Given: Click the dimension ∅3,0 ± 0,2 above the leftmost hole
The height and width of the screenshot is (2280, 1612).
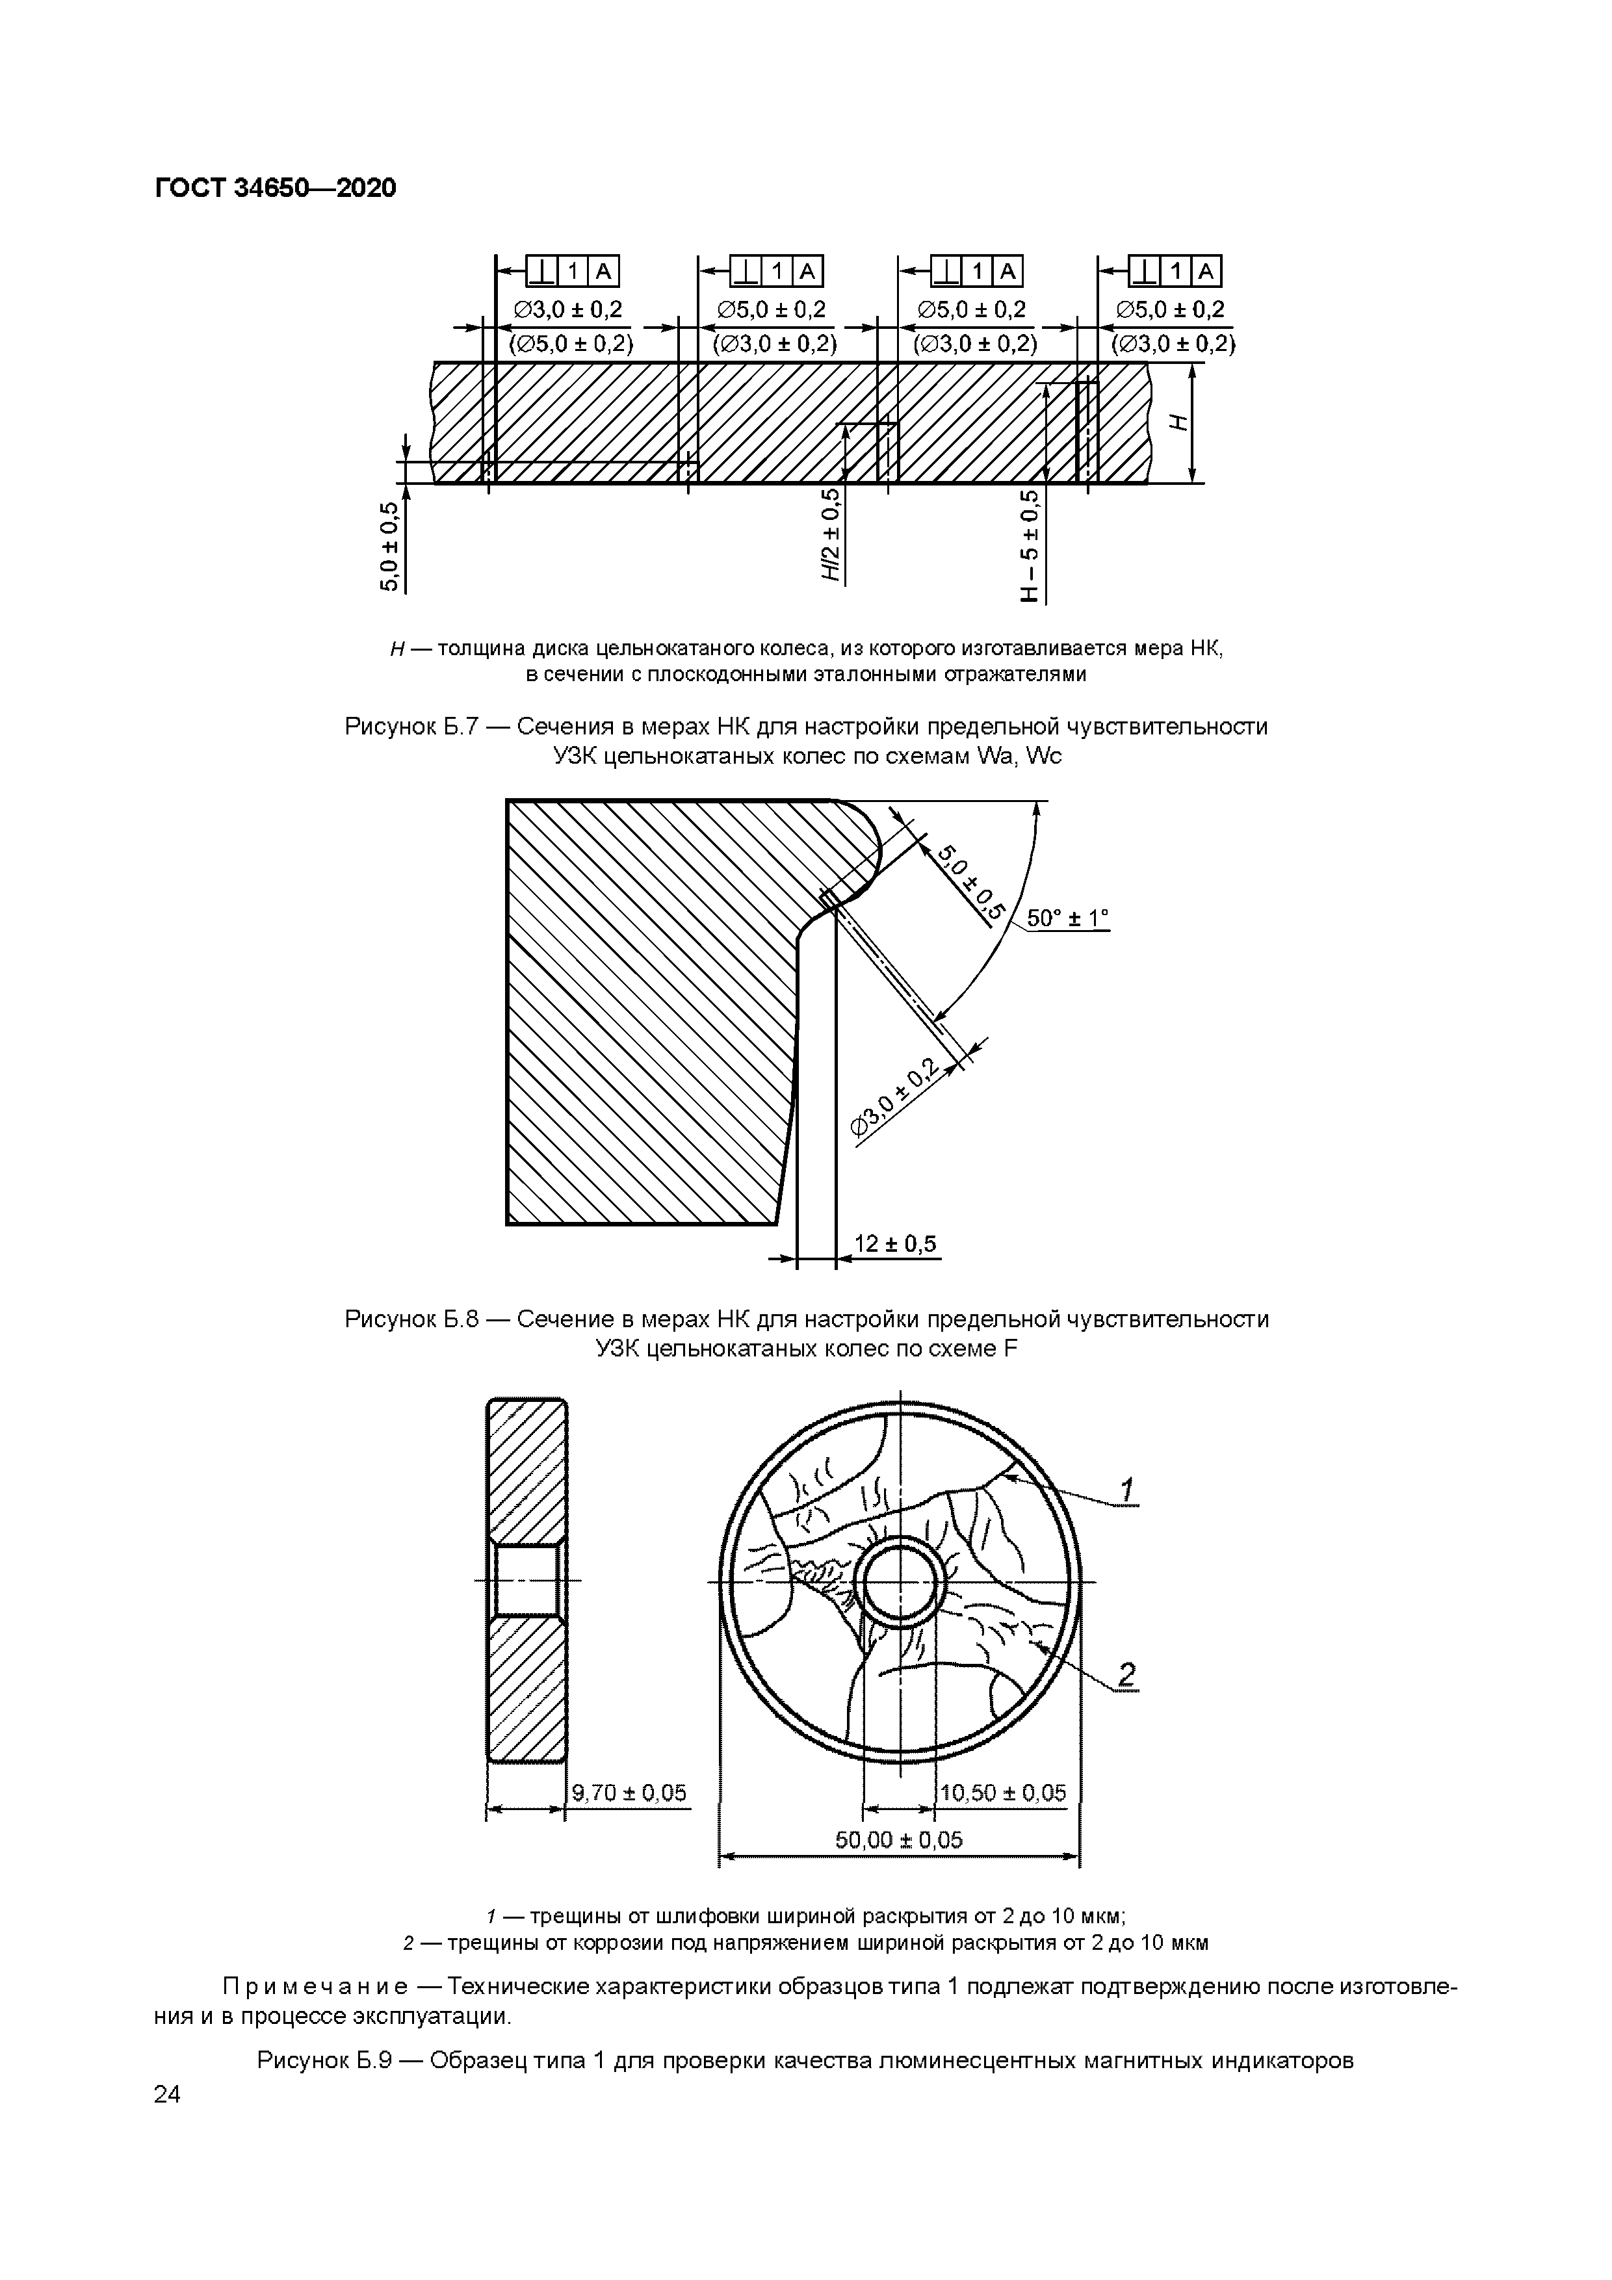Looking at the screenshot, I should pos(568,309).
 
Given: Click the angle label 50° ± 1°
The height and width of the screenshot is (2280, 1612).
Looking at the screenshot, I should pos(1067,918).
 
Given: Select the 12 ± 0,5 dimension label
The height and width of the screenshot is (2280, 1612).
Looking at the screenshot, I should pos(896,1243).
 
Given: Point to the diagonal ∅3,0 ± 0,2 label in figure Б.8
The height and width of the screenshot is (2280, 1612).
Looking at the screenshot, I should pos(895,1098).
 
